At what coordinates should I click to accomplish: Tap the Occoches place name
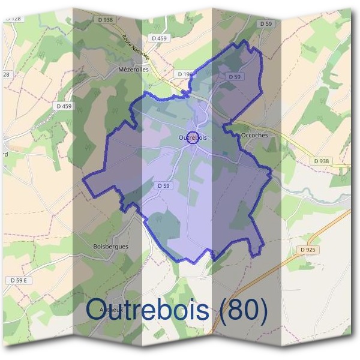click(x=254, y=136)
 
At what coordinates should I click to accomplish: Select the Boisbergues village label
click(x=111, y=246)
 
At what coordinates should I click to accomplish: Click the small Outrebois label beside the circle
click(x=193, y=138)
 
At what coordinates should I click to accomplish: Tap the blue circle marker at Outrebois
click(x=193, y=137)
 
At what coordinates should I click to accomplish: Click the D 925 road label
click(x=308, y=249)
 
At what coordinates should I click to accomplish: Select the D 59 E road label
click(x=21, y=280)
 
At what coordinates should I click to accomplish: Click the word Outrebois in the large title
click(x=148, y=310)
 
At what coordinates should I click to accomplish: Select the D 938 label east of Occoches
click(x=322, y=161)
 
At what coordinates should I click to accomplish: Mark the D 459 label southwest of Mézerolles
click(x=63, y=106)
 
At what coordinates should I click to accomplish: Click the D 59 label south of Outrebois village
click(x=164, y=186)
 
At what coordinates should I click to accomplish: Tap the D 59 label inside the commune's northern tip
click(x=235, y=77)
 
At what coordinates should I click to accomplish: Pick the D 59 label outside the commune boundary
click(x=266, y=23)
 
